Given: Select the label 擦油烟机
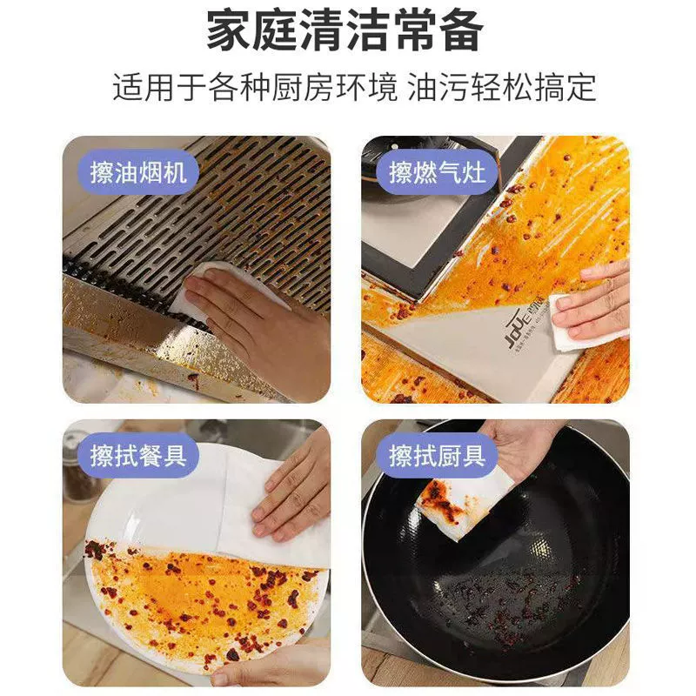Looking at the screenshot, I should (139, 172).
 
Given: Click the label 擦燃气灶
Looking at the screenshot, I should (437, 172).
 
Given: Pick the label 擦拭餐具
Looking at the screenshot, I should (139, 456).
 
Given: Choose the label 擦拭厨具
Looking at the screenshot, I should (437, 456).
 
